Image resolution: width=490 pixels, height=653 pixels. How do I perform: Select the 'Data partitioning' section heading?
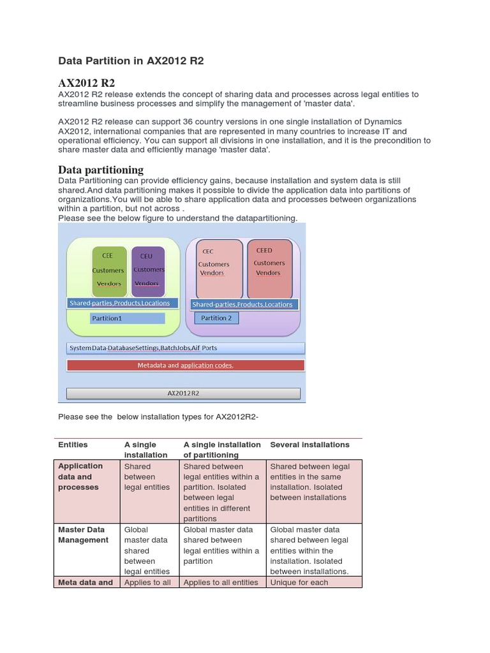pyautogui.click(x=101, y=170)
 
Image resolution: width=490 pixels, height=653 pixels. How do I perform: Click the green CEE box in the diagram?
pyautogui.click(x=109, y=270)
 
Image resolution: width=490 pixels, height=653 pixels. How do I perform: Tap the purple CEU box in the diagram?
pyautogui.click(x=149, y=270)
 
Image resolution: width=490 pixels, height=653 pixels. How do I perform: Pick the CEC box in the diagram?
pyautogui.click(x=219, y=268)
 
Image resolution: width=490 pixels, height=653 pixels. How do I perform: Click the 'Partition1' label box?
pyautogui.click(x=128, y=318)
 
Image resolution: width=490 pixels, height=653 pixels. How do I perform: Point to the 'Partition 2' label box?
pyautogui.click(x=216, y=318)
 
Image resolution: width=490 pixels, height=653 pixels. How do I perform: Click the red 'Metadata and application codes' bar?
pyautogui.click(x=185, y=365)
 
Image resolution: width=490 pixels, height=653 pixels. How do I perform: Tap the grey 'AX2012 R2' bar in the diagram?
pyautogui.click(x=183, y=393)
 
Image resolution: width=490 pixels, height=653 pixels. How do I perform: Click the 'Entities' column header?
pyautogui.click(x=73, y=444)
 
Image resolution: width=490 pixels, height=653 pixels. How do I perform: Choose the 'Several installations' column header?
pyautogui.click(x=309, y=444)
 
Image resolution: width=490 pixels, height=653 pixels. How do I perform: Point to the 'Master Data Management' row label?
pyautogui.click(x=84, y=534)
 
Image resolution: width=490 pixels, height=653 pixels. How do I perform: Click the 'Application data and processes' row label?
pyautogui.click(x=80, y=477)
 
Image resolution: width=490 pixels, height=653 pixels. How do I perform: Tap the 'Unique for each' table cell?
pyautogui.click(x=299, y=582)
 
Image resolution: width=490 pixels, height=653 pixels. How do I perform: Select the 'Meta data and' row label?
pyautogui.click(x=85, y=582)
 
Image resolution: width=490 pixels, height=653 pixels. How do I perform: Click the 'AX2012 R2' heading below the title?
pyautogui.click(x=86, y=83)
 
